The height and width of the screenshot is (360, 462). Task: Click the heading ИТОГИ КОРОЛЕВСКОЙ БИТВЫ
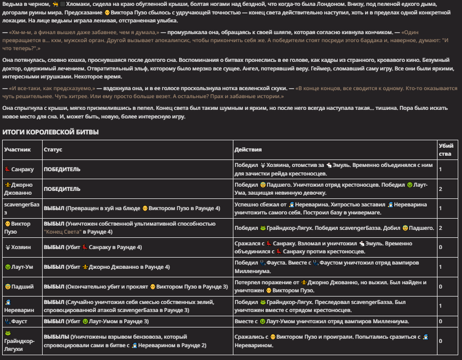51,132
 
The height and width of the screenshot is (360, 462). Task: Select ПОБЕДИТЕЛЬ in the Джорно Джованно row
62,189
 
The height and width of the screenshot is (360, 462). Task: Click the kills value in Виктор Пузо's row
440,228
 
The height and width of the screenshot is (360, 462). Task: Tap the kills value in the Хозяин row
440,247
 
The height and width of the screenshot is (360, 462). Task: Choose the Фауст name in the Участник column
20,322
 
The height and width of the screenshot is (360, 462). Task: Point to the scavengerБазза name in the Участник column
21,208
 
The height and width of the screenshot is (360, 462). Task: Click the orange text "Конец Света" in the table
63,232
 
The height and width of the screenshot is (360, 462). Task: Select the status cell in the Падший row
136,286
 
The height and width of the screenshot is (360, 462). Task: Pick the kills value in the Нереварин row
440,306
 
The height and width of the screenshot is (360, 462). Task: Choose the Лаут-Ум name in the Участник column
23,267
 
